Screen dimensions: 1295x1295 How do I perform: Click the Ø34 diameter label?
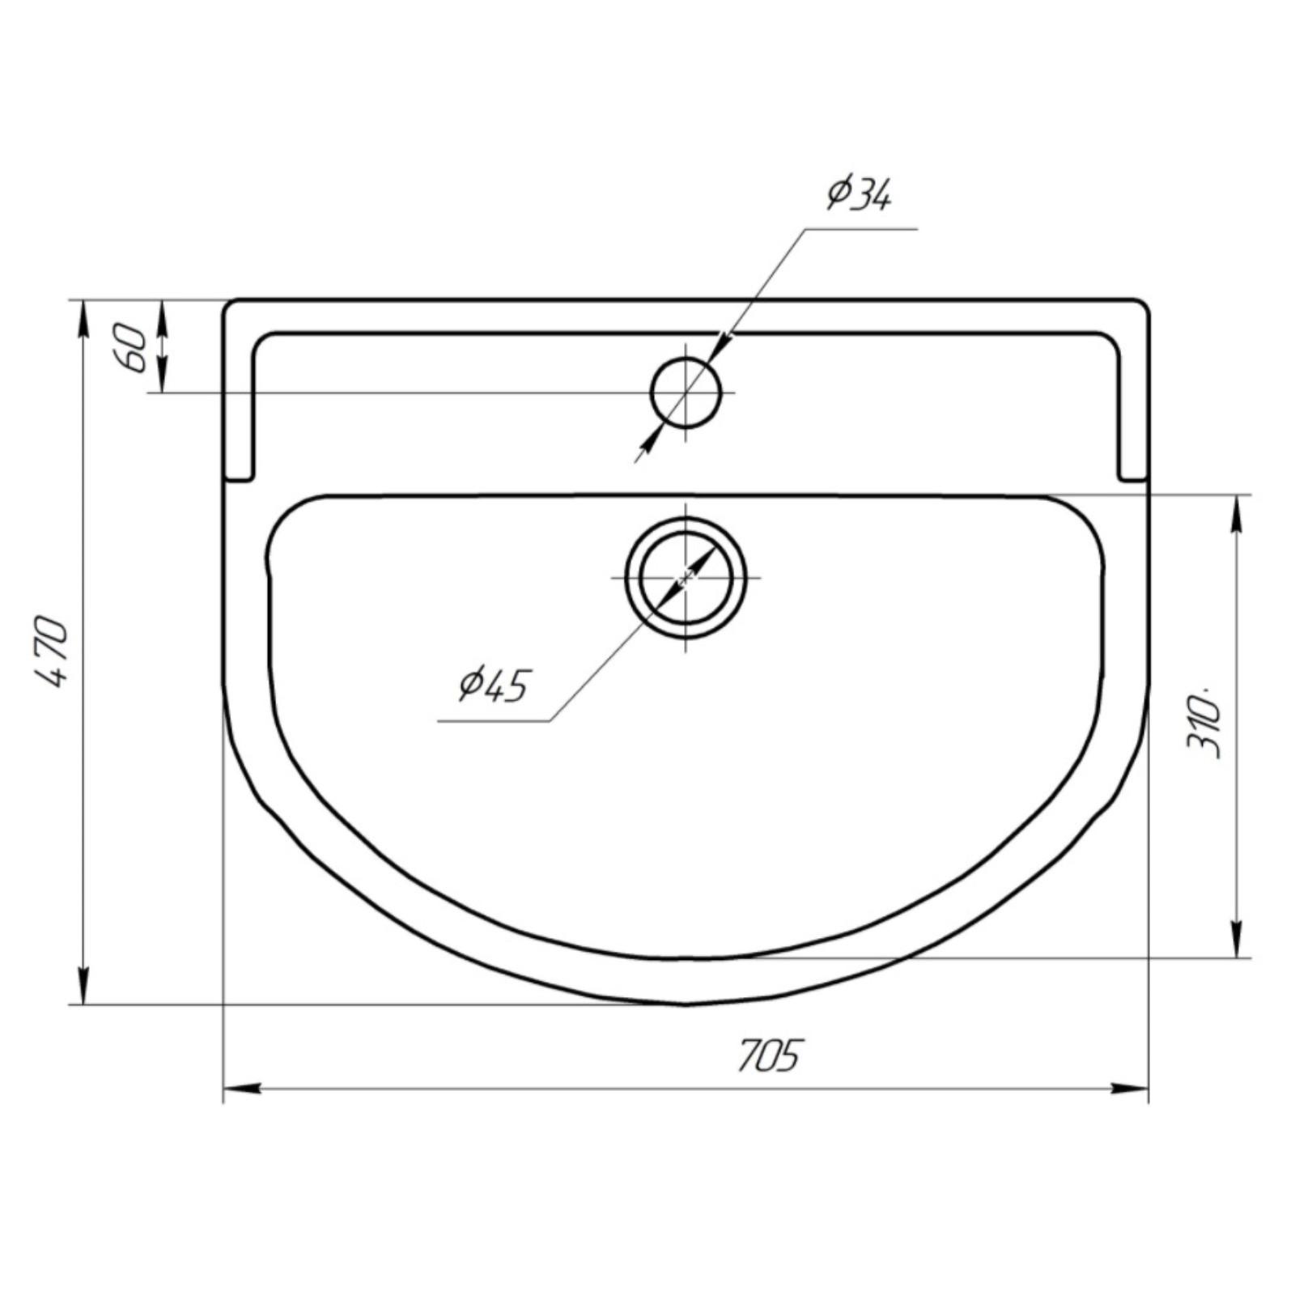859,193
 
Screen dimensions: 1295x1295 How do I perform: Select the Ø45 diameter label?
493,685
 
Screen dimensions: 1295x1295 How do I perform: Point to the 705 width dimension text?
768,1055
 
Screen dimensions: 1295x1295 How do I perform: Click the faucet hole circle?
686,393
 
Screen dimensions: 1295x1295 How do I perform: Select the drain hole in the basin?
686,577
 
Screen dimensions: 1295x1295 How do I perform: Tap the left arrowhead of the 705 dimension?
241,1089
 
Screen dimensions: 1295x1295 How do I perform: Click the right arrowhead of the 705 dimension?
1130,1089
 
